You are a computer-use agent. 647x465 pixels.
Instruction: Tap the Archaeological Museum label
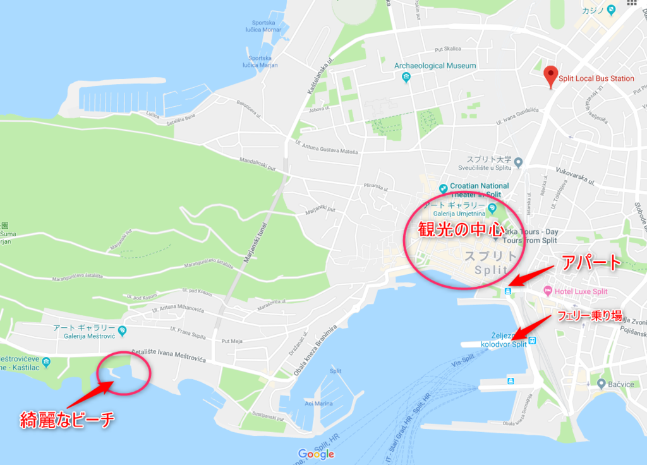pyautogui.click(x=435, y=66)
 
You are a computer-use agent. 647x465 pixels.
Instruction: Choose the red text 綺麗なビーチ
pyautogui.click(x=67, y=419)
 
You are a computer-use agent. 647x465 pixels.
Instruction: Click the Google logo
pyautogui.click(x=316, y=454)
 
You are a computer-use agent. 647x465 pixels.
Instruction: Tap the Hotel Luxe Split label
pyautogui.click(x=581, y=292)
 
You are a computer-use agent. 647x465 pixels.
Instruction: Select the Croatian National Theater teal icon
pyautogui.click(x=444, y=187)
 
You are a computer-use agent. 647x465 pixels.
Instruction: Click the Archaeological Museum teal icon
pyautogui.click(x=406, y=77)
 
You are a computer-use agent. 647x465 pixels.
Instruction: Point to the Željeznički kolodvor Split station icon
pyautogui.click(x=532, y=341)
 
